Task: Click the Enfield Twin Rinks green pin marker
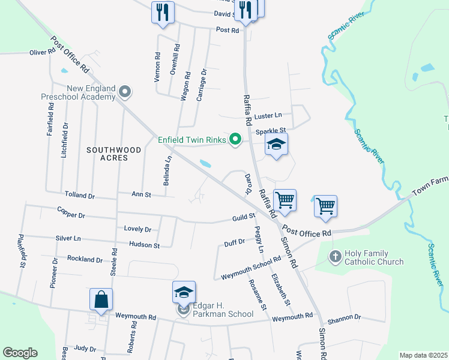click(x=235, y=140)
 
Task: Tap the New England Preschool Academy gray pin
click(x=125, y=92)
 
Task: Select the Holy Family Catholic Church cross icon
click(x=336, y=257)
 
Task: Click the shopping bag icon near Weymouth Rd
click(x=101, y=299)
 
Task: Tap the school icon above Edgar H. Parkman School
click(x=184, y=292)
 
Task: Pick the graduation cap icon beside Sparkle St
click(x=276, y=145)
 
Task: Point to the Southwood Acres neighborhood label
click(x=113, y=154)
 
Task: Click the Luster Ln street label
click(x=268, y=115)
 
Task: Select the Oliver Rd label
click(x=42, y=53)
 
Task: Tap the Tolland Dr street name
click(x=80, y=196)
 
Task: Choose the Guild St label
click(x=244, y=219)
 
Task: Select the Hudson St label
click(x=144, y=245)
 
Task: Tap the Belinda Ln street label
click(x=169, y=170)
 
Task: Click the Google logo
click(x=20, y=353)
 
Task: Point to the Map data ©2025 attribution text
click(x=423, y=355)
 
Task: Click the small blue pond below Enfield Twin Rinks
click(x=205, y=163)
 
